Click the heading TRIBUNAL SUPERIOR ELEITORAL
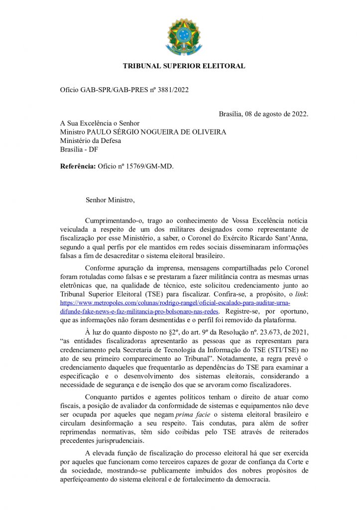pyautogui.click(x=184, y=66)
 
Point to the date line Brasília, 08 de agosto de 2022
pyautogui.click(x=263, y=114)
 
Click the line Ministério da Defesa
pyautogui.click(x=91, y=140)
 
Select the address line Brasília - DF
pyautogui.click(x=79, y=149)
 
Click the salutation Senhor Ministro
pyautogui.click(x=110, y=200)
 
